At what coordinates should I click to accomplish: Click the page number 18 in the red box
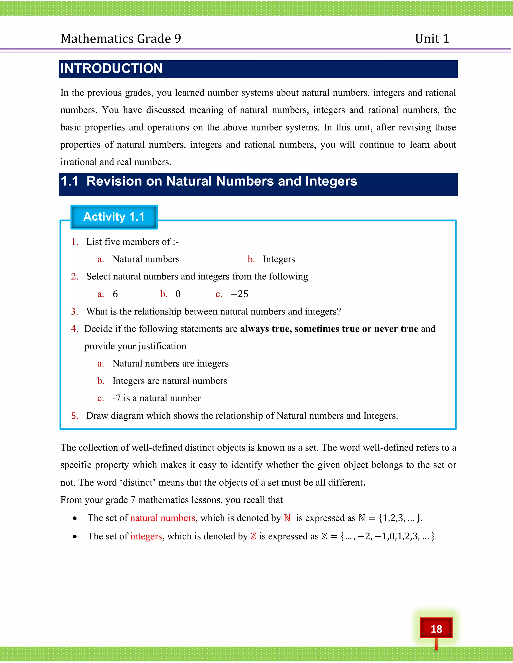[436, 629]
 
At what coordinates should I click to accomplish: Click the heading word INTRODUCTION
[111, 69]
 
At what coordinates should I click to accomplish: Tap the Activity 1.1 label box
[114, 217]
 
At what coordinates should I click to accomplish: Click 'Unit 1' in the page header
[432, 39]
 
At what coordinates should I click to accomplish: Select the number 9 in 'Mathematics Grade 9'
[178, 39]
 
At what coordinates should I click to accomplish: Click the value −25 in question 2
[239, 294]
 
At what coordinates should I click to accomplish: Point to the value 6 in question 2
[115, 294]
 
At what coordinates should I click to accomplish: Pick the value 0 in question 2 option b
[178, 294]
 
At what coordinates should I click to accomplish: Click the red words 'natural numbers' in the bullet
[162, 518]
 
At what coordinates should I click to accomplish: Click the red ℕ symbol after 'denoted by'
[287, 518]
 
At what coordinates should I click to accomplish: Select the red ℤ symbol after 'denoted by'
[253, 536]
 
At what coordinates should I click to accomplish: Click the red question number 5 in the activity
[74, 416]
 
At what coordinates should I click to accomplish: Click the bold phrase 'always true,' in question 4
[266, 329]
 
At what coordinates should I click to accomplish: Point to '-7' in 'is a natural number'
[116, 398]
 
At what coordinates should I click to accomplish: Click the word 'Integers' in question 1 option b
[279, 259]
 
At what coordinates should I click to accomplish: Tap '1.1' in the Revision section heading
[69, 181]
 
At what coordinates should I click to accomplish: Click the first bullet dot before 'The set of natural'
[75, 518]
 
